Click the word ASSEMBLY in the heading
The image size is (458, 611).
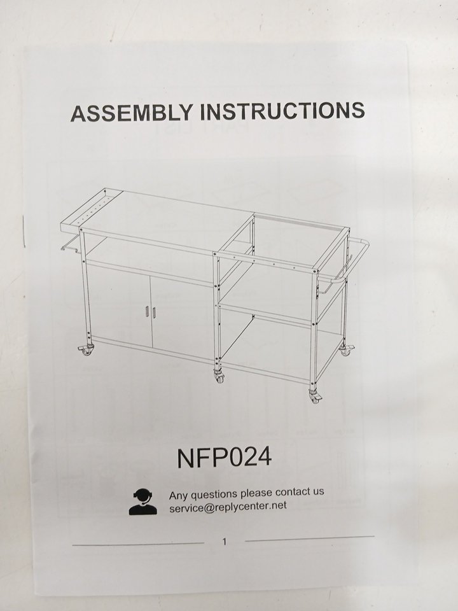click(132, 113)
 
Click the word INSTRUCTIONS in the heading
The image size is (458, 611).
click(282, 111)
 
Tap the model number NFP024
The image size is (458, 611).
click(225, 458)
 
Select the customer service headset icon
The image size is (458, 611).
click(143, 502)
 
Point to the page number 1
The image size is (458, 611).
click(224, 541)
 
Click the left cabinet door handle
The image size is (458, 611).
click(147, 312)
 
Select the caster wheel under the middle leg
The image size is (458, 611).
click(219, 376)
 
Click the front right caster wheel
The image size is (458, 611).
click(315, 397)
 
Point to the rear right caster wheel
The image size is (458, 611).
click(346, 349)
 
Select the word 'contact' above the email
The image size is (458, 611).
click(293, 493)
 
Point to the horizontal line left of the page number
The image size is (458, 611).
click(138, 544)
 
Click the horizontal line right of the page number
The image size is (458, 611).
click(310, 538)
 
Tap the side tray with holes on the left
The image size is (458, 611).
click(92, 209)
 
